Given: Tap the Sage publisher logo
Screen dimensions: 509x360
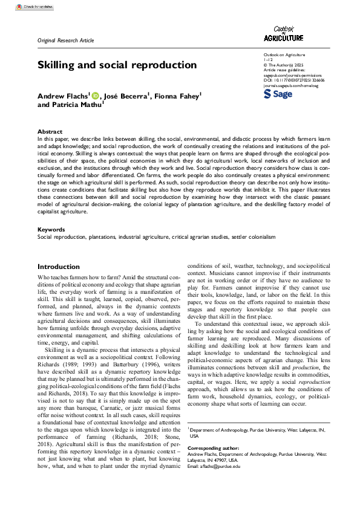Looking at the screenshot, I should click(x=278, y=95).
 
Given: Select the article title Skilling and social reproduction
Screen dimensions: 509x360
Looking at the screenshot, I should click(x=117, y=65).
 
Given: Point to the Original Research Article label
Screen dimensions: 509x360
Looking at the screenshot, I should click(x=66, y=41).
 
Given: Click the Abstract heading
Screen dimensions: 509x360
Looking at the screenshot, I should click(x=50, y=131).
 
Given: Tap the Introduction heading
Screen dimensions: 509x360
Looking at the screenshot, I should click(x=62, y=267).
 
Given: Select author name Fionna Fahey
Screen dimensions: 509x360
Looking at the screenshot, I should click(x=177, y=96).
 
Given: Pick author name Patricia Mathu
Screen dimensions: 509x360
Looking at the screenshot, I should click(x=76, y=105).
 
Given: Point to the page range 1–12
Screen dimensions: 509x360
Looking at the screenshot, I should click(x=268, y=60).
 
